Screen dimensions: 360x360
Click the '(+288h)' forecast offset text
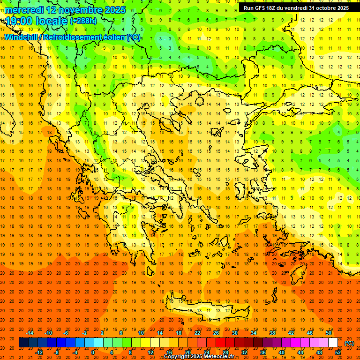click(x=83, y=21)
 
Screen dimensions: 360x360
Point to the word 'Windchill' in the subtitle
click(x=21, y=37)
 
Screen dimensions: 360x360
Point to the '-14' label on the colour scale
click(x=30, y=333)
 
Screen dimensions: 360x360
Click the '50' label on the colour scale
click(x=329, y=333)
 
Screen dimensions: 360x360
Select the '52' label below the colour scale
click(x=338, y=352)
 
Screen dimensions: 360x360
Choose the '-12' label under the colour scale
click(x=39, y=352)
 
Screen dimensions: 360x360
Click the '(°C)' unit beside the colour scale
click(x=349, y=343)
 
